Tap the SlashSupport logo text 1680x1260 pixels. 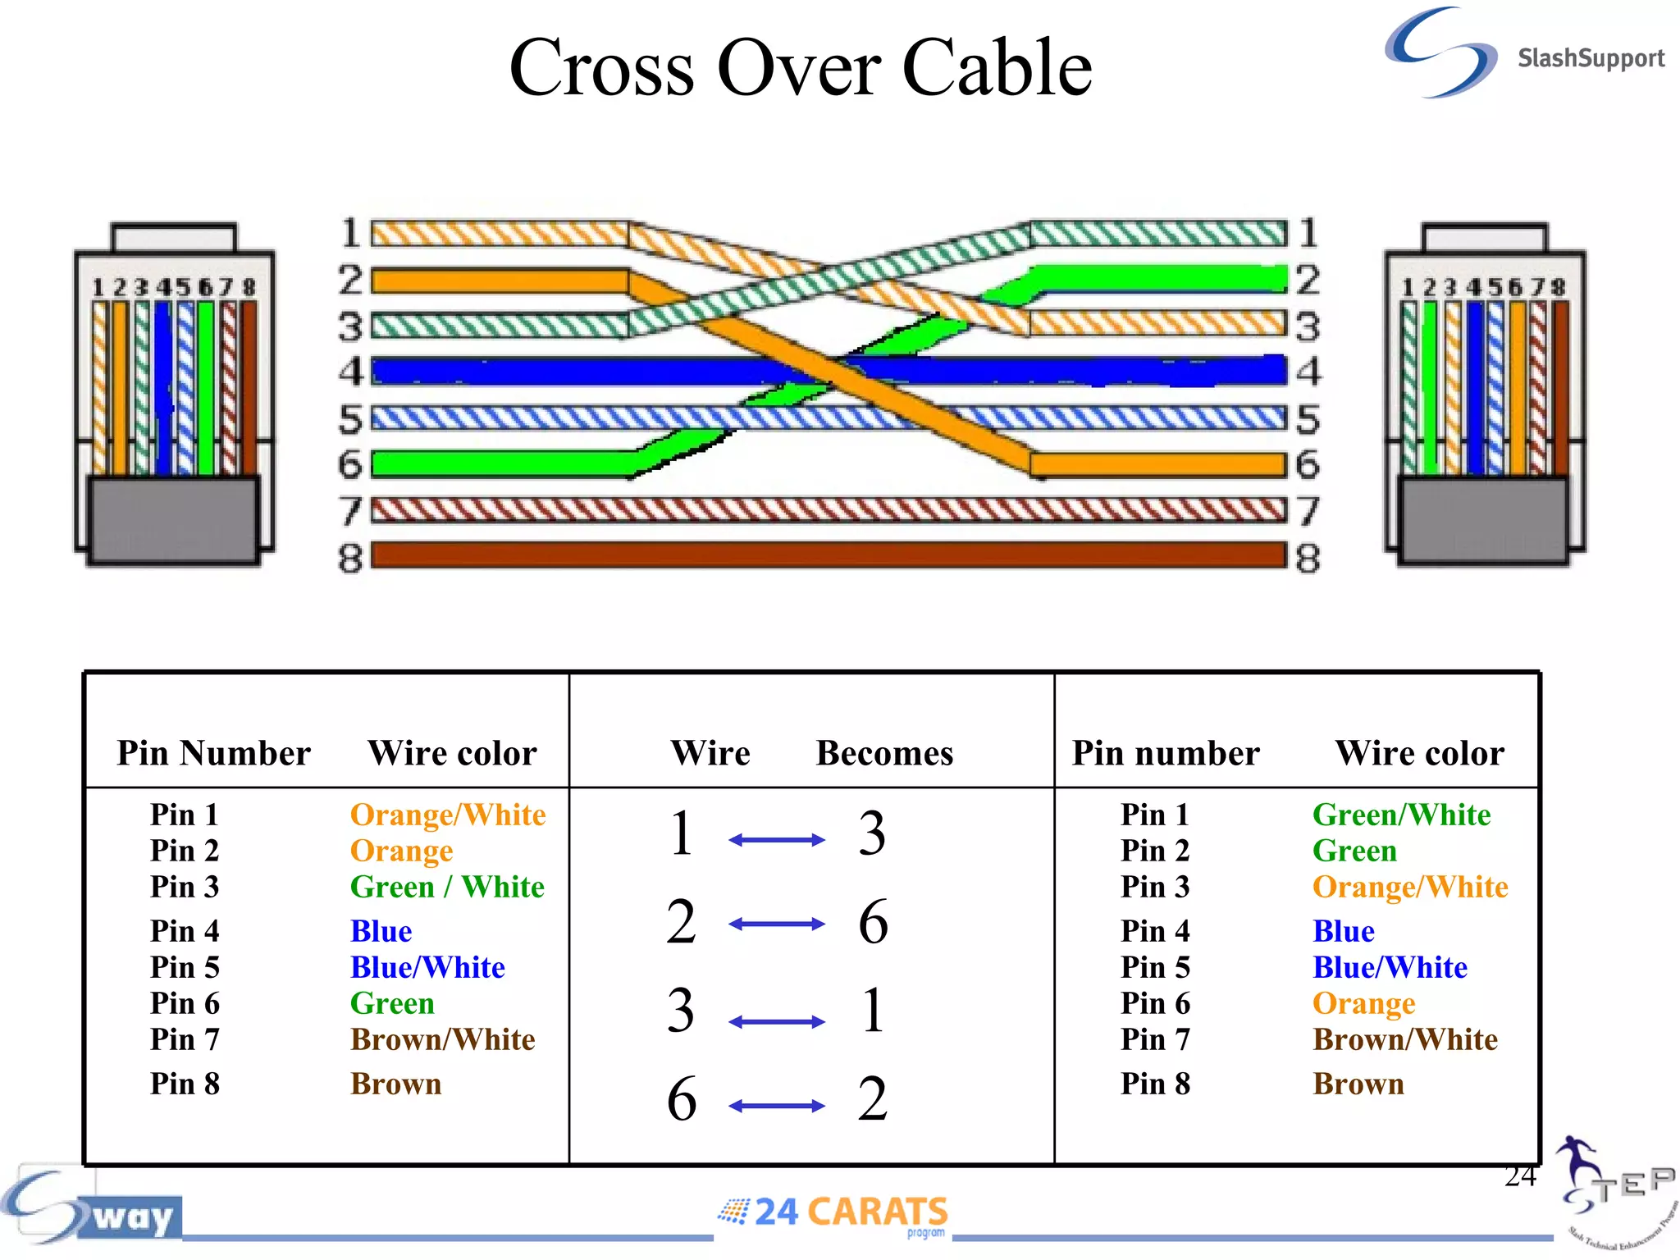tap(1590, 59)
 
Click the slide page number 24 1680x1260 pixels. tap(1520, 1176)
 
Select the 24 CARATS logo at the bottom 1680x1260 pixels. tap(834, 1212)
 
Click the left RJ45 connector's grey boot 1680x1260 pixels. tap(173, 520)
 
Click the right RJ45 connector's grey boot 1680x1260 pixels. tap(1483, 520)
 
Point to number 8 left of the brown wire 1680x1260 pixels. tap(350, 559)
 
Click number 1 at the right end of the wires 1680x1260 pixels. tap(1308, 233)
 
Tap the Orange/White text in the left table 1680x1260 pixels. tap(448, 815)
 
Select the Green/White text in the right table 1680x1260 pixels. tap(1401, 815)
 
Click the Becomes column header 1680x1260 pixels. tap(884, 753)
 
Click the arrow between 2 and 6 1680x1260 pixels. tap(776, 924)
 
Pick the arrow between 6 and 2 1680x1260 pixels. tap(776, 1106)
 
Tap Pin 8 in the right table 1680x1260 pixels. tap(1155, 1084)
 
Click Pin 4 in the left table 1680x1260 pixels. tap(185, 931)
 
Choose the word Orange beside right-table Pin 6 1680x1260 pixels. tap(1363, 1003)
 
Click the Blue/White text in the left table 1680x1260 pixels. tap(427, 967)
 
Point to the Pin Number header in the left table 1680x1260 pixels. tap(213, 753)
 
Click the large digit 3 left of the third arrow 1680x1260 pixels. tap(681, 1011)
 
